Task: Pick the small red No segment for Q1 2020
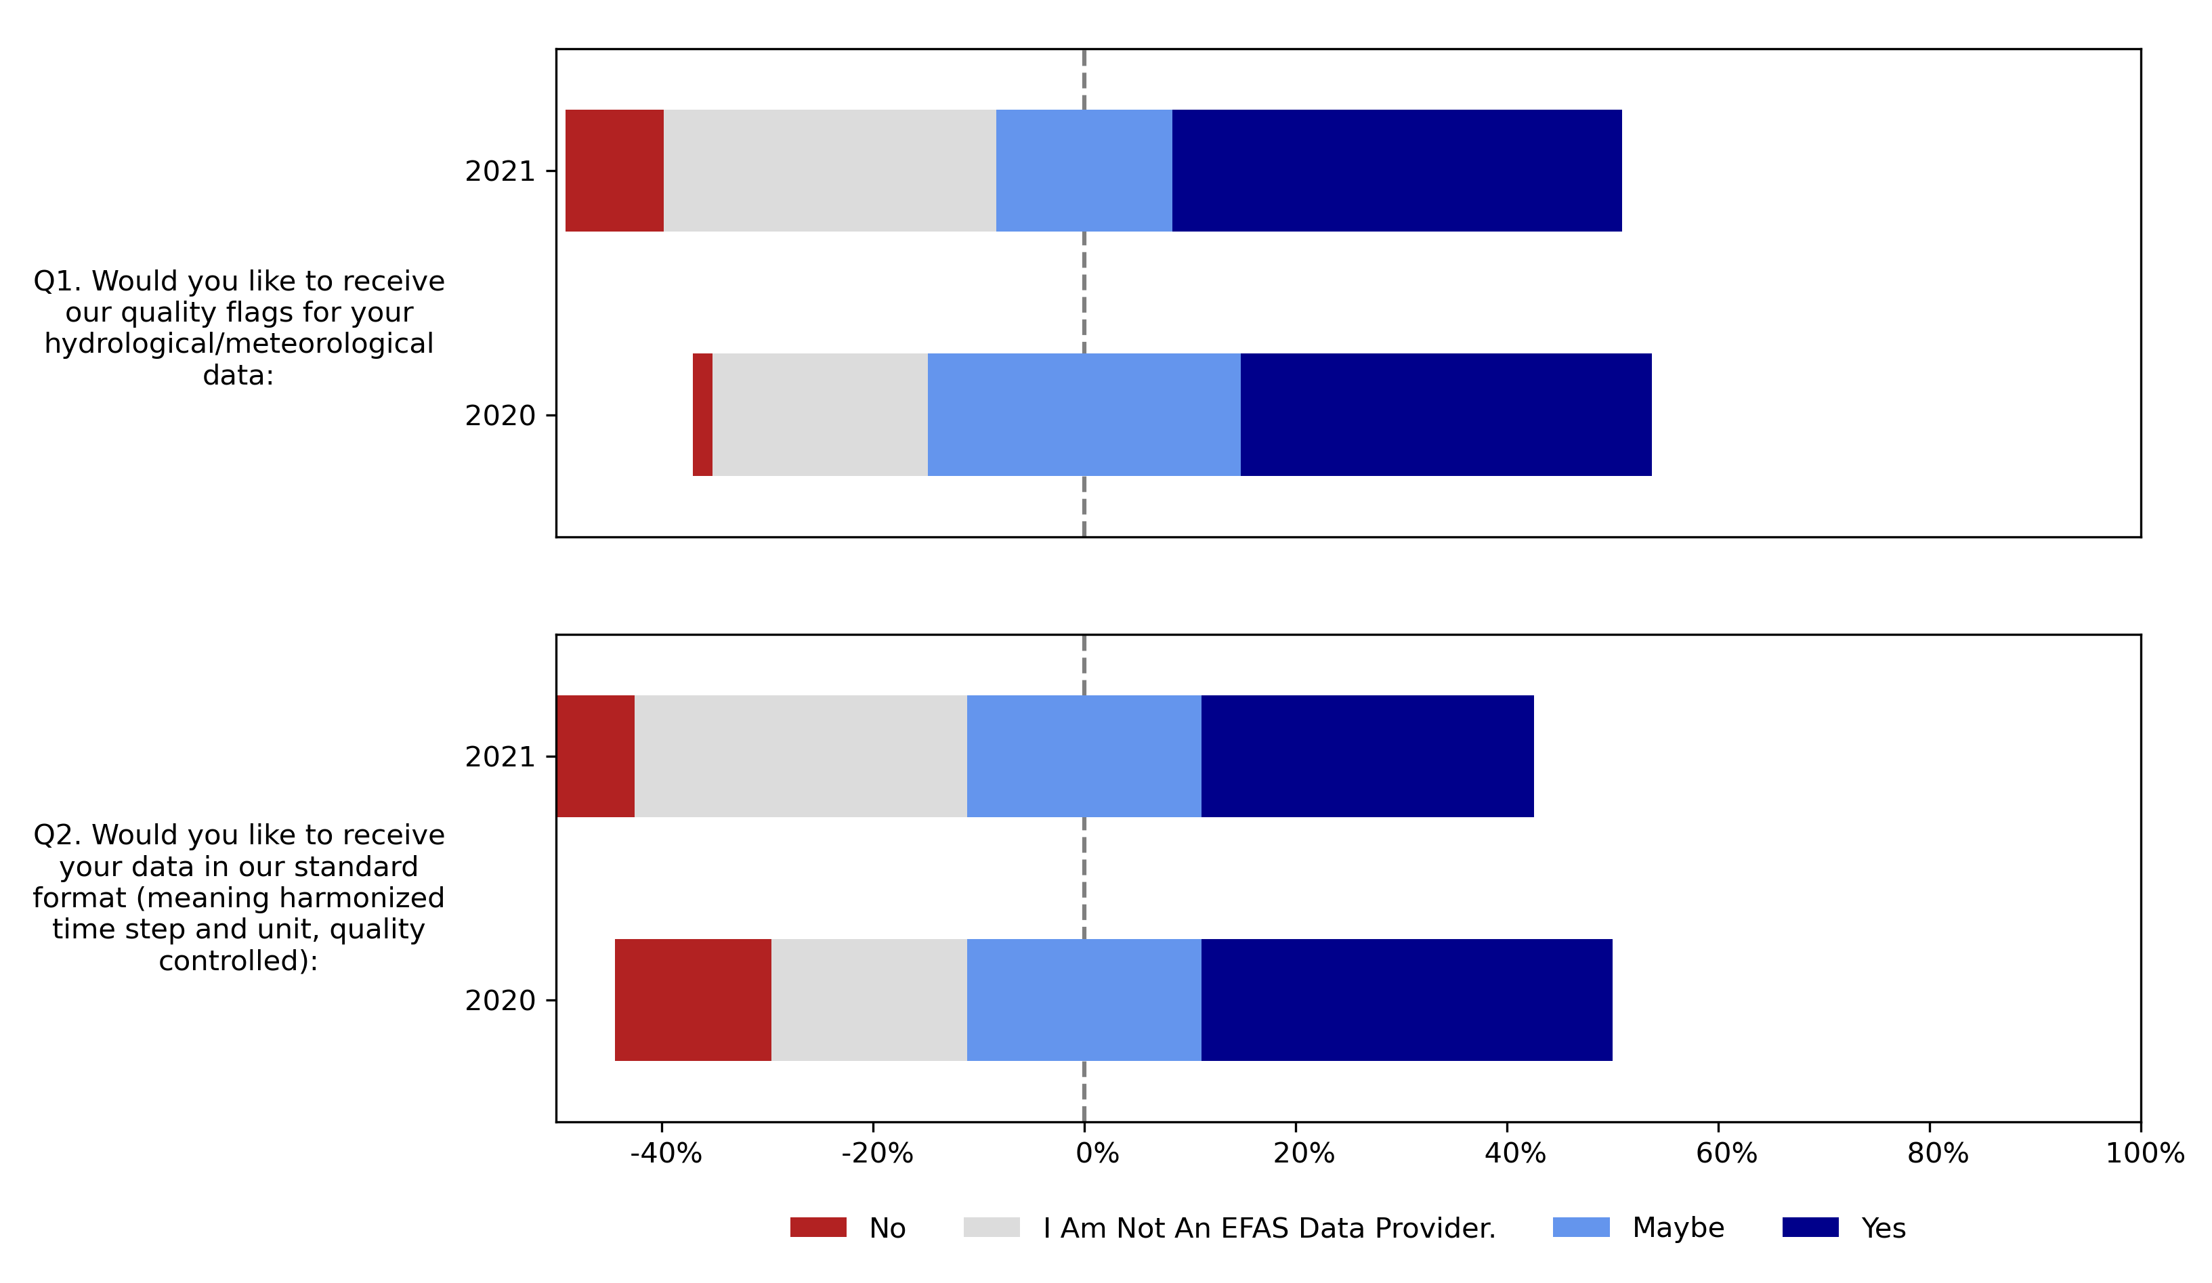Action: tap(702, 414)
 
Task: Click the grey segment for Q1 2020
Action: tap(820, 414)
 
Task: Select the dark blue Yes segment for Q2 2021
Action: tap(1367, 756)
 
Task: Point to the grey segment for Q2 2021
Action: tap(801, 756)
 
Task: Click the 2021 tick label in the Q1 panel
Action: tap(499, 171)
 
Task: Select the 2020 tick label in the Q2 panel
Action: tap(499, 1001)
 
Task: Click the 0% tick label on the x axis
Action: tap(1097, 1153)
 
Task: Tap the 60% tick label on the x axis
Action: tap(1726, 1153)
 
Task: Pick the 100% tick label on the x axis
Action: tap(2144, 1153)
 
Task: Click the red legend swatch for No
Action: tap(817, 1227)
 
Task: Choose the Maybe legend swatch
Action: tap(1581, 1227)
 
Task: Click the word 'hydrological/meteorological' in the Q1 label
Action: tap(239, 343)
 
